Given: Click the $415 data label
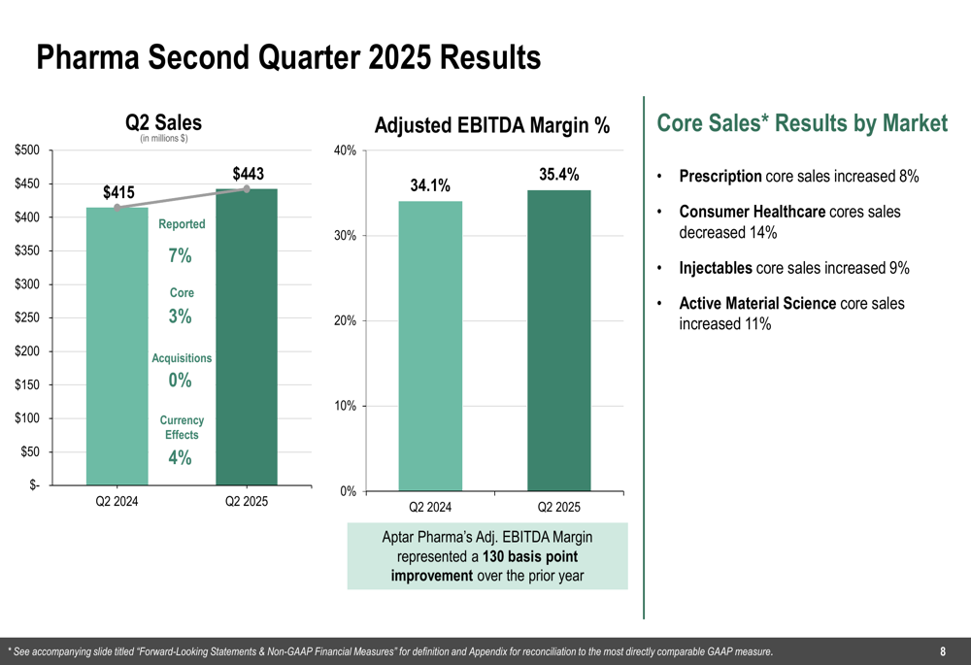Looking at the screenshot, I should pos(118,192).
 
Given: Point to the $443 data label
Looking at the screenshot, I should pos(248,174).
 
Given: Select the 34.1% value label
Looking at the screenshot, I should pos(430,185).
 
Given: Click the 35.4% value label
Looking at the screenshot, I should pos(558,175).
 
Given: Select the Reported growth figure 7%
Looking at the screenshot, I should pos(180,256).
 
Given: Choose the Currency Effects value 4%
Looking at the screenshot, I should pos(180,457).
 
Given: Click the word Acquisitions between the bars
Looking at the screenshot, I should pos(182,358).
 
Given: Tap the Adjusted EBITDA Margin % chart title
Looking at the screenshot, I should pos(492,125).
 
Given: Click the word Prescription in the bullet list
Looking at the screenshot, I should pos(720,177).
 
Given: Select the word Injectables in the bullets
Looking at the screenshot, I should pos(715,268).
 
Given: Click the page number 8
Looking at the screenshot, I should pos(943,651).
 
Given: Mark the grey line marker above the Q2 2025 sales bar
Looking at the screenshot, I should pos(247,189).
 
